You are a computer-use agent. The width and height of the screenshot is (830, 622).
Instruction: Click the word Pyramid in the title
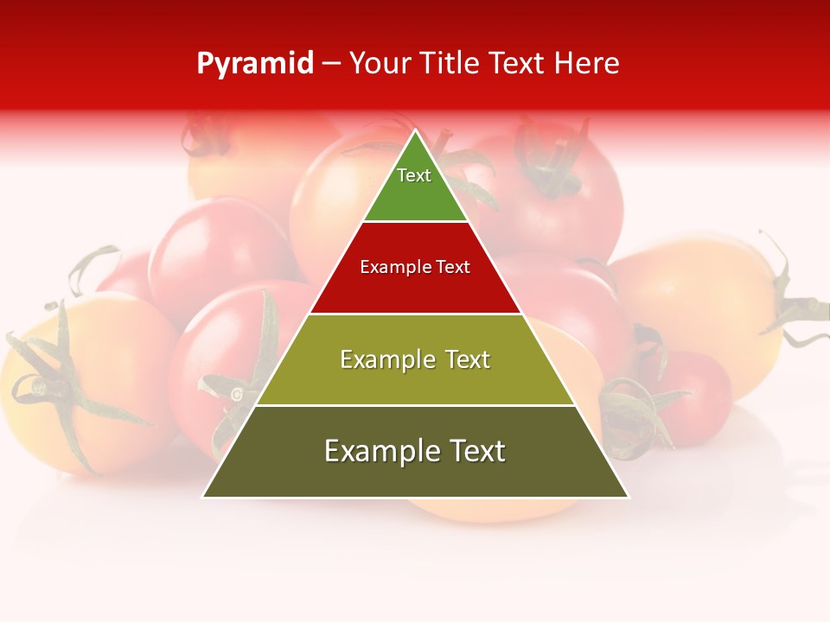point(255,64)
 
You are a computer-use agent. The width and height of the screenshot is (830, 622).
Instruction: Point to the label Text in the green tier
point(414,175)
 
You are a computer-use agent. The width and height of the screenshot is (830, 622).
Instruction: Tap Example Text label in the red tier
point(415,267)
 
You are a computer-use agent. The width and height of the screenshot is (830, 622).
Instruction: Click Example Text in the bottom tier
point(415,451)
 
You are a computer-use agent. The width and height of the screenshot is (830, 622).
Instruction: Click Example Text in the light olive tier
point(415,359)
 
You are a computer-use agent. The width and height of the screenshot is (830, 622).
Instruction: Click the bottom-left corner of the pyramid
point(204,496)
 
